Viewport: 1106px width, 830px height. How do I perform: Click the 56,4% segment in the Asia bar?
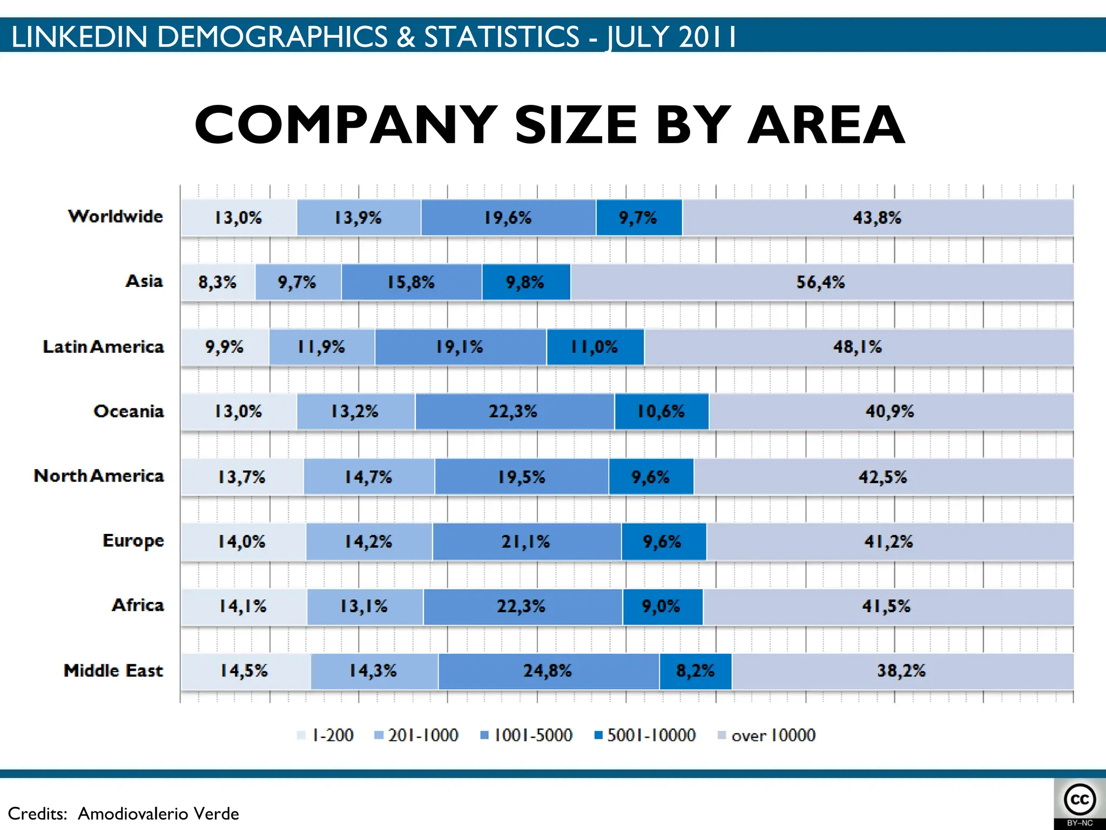click(821, 282)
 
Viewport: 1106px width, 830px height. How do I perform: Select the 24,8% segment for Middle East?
click(548, 671)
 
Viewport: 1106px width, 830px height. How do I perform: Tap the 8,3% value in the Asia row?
click(217, 282)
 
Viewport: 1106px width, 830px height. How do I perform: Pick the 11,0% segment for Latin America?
click(595, 347)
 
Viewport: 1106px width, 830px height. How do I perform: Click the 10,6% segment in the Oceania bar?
click(661, 412)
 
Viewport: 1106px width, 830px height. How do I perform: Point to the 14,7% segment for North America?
click(368, 477)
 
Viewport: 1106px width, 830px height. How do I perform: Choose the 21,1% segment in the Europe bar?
click(525, 541)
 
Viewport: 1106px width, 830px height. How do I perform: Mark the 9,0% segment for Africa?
click(662, 606)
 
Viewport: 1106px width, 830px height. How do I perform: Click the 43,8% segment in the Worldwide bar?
click(877, 218)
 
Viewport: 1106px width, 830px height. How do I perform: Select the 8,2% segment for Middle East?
click(695, 671)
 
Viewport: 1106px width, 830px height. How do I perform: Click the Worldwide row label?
click(116, 216)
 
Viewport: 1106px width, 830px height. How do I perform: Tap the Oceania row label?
click(129, 411)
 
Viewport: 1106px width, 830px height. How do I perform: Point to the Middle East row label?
click(113, 671)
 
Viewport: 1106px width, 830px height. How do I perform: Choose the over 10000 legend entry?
click(766, 735)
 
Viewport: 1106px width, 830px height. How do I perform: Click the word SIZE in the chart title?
click(576, 125)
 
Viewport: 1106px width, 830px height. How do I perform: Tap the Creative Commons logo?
click(1080, 800)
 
